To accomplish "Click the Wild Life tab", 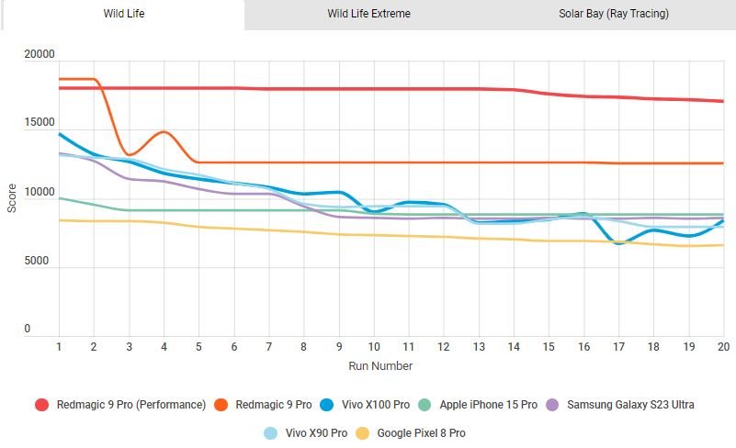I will tap(123, 14).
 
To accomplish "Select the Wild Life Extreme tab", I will tap(368, 14).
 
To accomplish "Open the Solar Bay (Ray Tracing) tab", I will tap(613, 14).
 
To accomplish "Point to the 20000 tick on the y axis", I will tap(40, 55).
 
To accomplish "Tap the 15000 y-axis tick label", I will tap(40, 123).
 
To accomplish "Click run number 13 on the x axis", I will tap(478, 347).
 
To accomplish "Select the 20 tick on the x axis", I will tap(722, 347).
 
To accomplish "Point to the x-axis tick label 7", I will tap(268, 347).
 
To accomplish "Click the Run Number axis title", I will tap(379, 365).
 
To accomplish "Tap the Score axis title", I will tap(12, 196).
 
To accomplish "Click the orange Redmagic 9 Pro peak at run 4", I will tap(164, 132).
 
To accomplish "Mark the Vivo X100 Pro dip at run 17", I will tap(618, 243).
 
